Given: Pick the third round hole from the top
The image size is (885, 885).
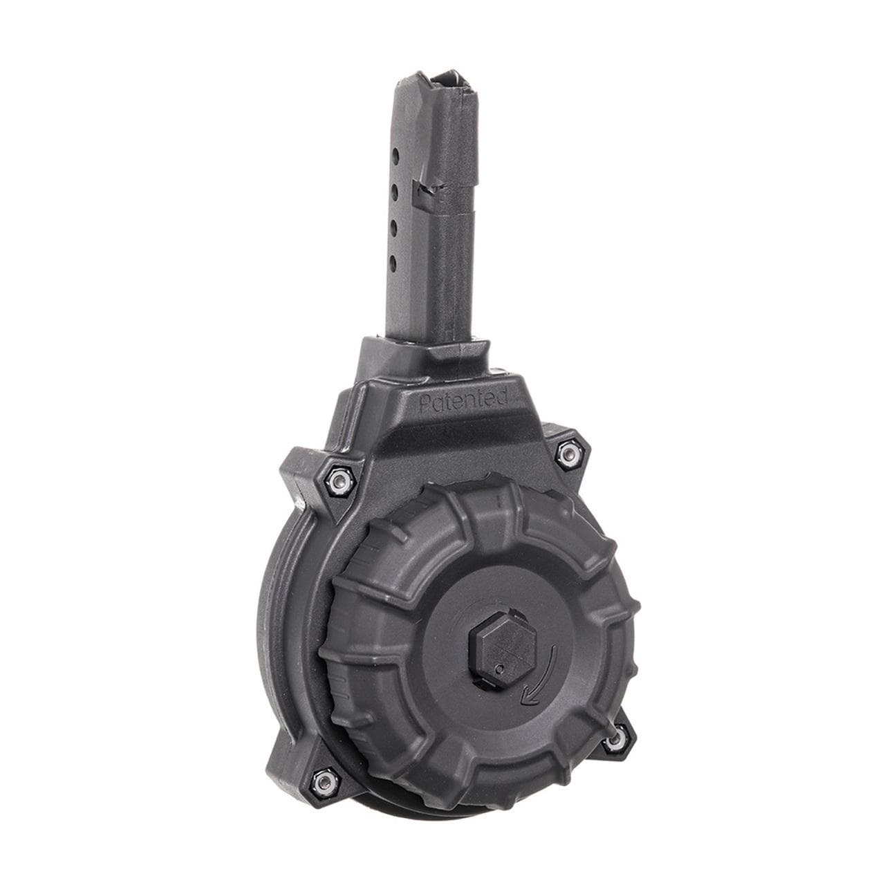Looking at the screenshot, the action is (x=393, y=226).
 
